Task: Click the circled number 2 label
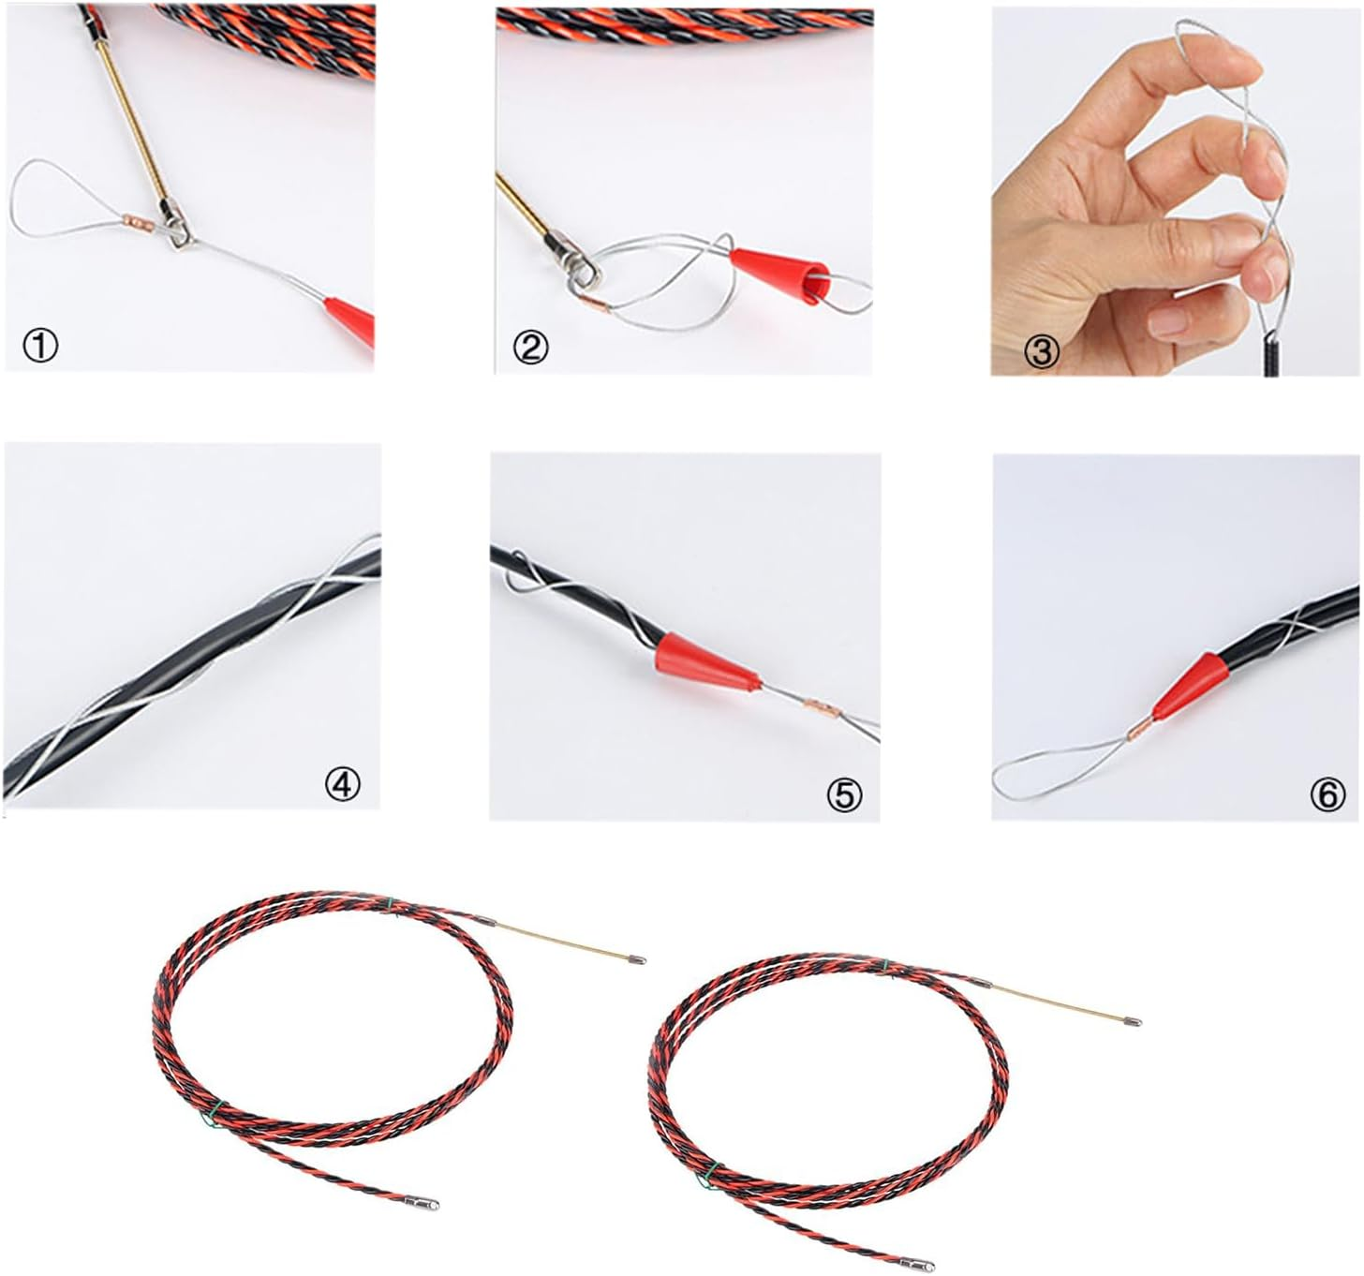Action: (x=530, y=348)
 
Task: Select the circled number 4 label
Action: (x=343, y=784)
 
